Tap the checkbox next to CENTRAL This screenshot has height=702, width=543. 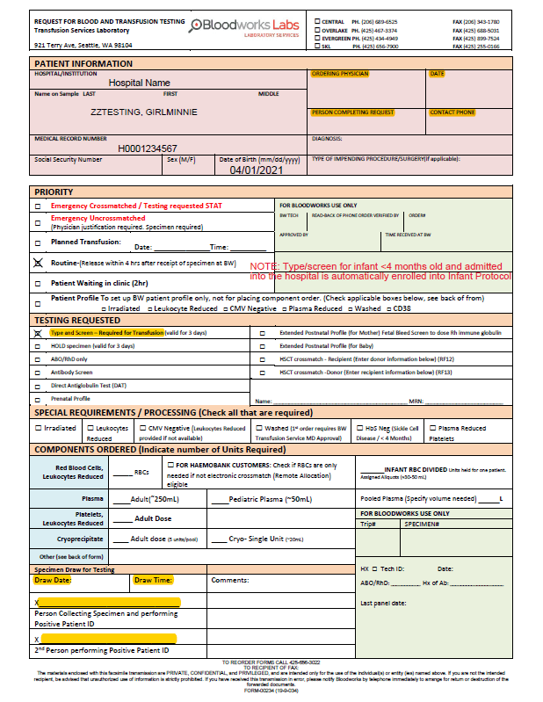point(318,21)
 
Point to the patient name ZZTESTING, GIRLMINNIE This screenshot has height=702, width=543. point(143,112)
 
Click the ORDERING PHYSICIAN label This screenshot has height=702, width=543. point(340,75)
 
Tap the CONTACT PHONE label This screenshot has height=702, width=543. point(452,112)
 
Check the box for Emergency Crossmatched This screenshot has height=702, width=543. point(38,206)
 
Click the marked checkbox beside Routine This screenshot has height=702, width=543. point(38,263)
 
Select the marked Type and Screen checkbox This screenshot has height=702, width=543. point(38,334)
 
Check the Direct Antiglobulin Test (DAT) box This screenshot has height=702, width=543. point(38,386)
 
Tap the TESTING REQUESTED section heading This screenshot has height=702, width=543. point(76,321)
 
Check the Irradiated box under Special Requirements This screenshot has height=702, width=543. point(38,428)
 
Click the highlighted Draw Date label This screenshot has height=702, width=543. point(52,580)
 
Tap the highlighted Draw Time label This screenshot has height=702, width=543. point(154,580)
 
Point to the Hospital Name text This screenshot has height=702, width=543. point(139,83)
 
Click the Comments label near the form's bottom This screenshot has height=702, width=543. point(231,580)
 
